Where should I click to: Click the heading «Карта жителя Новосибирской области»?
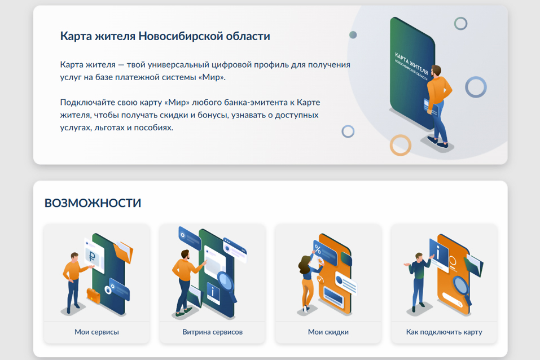pyautogui.click(x=165, y=36)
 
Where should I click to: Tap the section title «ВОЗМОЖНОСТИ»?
pyautogui.click(x=93, y=203)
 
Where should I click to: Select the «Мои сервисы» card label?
pyautogui.click(x=97, y=332)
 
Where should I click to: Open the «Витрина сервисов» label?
pyautogui.click(x=213, y=332)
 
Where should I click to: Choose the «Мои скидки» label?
pyautogui.click(x=328, y=332)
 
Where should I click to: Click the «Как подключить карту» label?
pyautogui.click(x=444, y=332)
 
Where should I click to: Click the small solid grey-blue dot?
pyautogui.click(x=353, y=35)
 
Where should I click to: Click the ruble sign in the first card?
pyautogui.click(x=92, y=256)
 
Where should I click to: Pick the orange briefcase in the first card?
pyautogui.click(x=93, y=296)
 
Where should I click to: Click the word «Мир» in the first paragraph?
pyautogui.click(x=212, y=77)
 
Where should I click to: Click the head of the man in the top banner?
pyautogui.click(x=436, y=71)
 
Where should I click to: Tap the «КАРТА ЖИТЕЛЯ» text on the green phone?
pyautogui.click(x=411, y=63)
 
